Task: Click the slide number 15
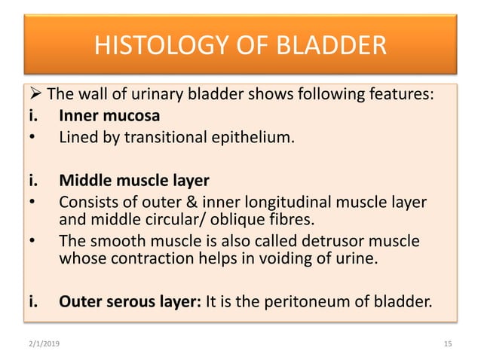448,343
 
